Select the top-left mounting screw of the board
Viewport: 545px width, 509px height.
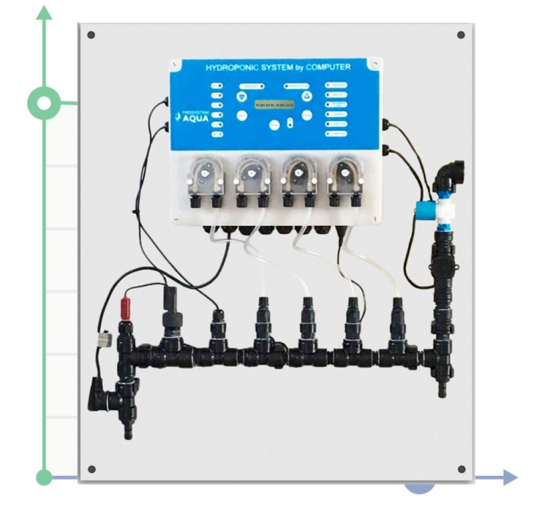click(91, 35)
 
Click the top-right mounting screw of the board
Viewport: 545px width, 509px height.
click(461, 35)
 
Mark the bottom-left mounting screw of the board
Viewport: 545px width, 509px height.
click(92, 469)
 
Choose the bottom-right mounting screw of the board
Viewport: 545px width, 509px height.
click(461, 469)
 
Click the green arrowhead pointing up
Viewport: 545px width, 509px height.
click(45, 12)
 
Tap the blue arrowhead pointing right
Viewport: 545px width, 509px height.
click(509, 477)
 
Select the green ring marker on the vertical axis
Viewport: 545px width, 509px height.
click(45, 104)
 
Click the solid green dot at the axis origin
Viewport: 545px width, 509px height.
click(45, 477)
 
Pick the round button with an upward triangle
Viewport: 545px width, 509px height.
click(306, 96)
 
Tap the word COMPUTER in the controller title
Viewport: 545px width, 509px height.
click(329, 67)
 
